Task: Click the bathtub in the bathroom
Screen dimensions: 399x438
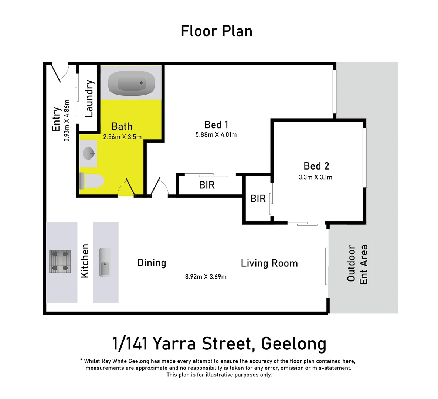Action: pos(132,83)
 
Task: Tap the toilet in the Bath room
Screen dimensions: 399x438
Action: pos(93,181)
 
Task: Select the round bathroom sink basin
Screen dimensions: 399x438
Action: pos(89,153)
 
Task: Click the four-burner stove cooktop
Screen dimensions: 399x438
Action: pos(60,261)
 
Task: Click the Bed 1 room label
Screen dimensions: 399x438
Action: pos(216,125)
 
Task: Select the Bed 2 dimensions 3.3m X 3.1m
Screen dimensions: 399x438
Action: pos(315,177)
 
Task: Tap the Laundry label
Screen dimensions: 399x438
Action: pos(89,99)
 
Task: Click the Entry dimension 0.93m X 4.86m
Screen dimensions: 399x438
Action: pos(67,121)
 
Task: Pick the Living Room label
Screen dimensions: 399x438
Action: pos(269,263)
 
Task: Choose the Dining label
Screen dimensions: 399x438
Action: pos(152,263)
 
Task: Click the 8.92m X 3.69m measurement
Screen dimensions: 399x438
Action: pos(206,277)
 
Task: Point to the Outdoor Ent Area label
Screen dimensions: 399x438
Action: pos(357,264)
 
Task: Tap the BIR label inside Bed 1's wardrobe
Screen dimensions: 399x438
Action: pos(207,185)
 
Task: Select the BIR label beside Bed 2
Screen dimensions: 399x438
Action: pos(258,199)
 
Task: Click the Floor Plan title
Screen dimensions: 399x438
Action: pos(217,31)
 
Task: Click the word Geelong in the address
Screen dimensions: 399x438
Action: pos(293,344)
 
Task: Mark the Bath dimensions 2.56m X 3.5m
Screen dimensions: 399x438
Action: pos(122,137)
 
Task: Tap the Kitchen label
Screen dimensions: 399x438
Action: pos(85,261)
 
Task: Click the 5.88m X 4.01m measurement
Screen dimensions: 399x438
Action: pos(216,135)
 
